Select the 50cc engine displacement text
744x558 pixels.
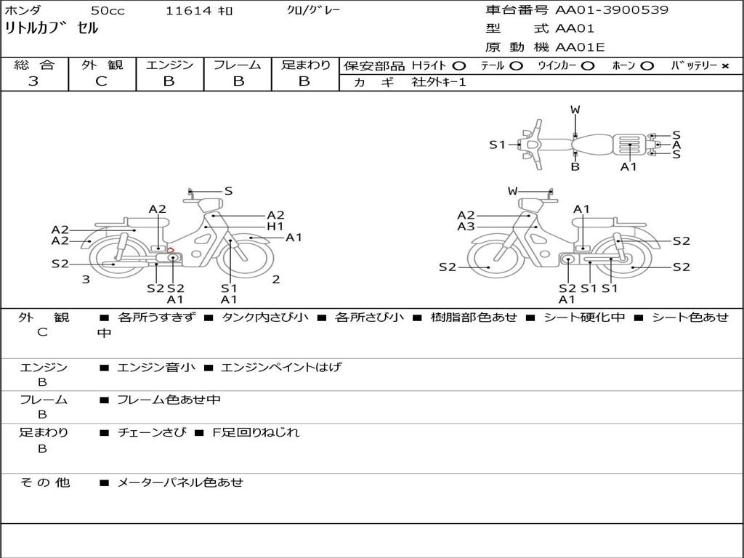point(108,11)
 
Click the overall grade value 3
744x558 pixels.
point(33,81)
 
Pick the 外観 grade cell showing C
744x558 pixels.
point(101,81)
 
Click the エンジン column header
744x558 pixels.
point(169,65)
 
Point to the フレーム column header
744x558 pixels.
point(237,65)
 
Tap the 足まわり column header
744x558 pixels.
point(305,65)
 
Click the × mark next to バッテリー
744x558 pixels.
point(724,66)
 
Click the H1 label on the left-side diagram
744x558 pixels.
point(275,227)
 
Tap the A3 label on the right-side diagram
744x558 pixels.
point(466,227)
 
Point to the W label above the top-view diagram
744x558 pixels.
point(575,110)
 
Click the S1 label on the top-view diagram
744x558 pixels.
point(497,145)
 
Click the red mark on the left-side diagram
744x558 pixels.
point(171,250)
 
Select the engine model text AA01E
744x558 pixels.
point(580,48)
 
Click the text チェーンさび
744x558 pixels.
point(152,433)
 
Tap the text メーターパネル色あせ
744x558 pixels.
point(180,482)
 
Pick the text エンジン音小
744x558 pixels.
point(156,368)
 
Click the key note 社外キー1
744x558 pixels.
point(439,82)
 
